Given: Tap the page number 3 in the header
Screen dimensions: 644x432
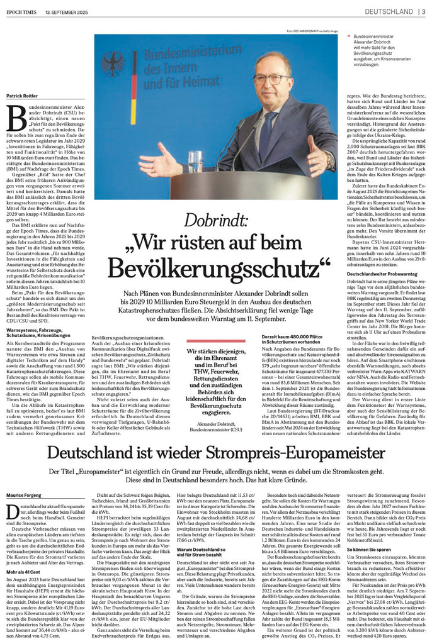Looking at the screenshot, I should [424, 11].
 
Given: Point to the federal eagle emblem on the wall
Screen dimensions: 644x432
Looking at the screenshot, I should [113, 64].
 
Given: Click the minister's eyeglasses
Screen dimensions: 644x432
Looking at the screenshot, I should [270, 80].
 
